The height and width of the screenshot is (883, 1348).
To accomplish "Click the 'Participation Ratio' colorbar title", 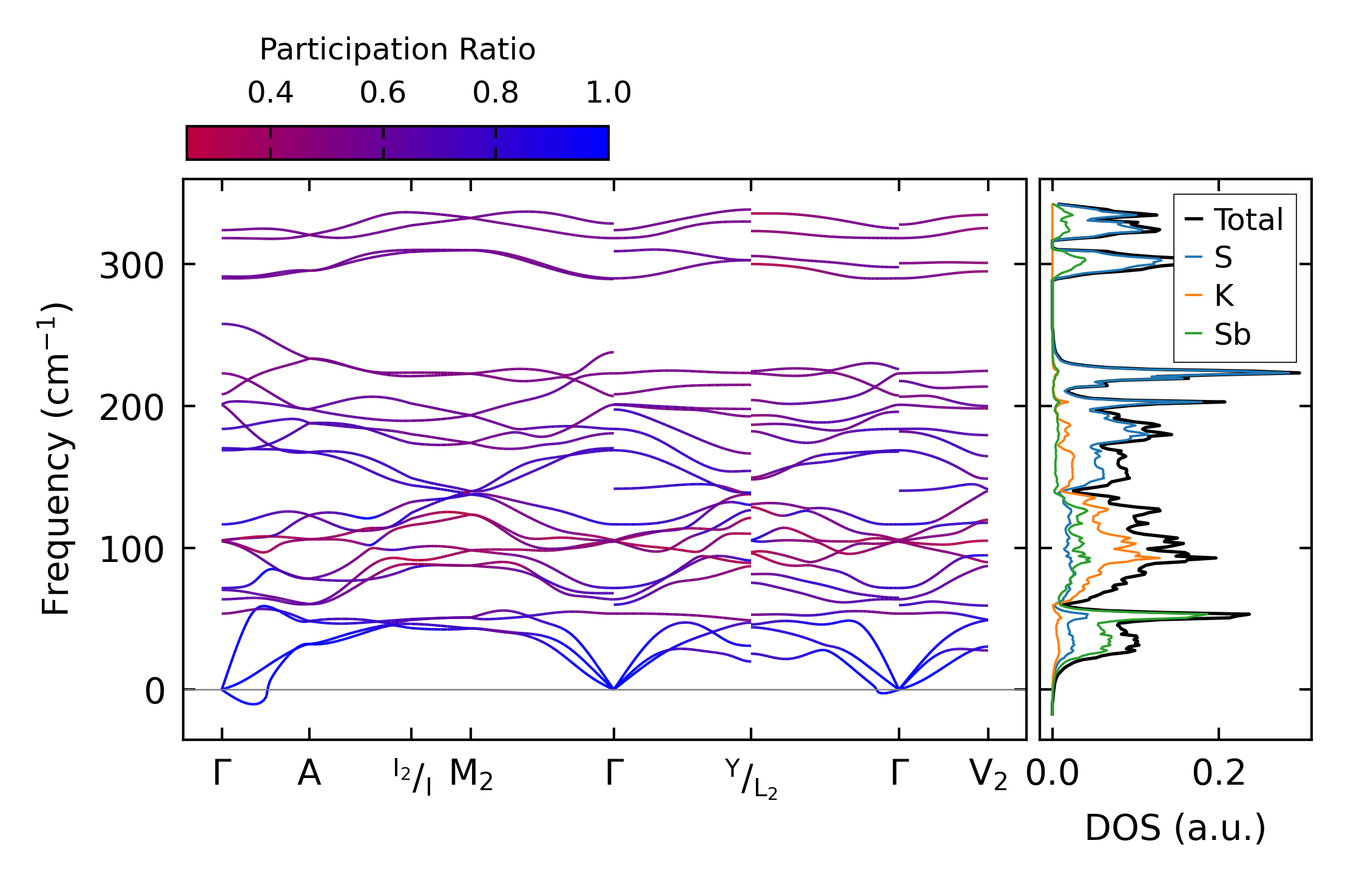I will click(x=397, y=50).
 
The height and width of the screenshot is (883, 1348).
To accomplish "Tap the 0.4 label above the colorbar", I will click(x=270, y=93).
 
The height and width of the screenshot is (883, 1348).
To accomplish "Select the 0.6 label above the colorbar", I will click(x=382, y=93).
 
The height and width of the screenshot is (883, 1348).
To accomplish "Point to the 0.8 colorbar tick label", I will click(x=495, y=93).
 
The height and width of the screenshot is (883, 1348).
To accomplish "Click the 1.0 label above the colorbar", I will click(x=608, y=93).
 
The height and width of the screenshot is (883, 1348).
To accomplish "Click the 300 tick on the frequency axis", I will click(x=132, y=266).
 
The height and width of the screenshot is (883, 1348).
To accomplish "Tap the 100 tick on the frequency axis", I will click(x=132, y=550).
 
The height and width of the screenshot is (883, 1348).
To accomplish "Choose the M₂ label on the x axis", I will click(x=471, y=775).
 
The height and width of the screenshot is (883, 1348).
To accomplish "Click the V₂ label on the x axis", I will click(x=988, y=775).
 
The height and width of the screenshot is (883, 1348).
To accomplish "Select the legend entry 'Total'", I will click(x=1248, y=220).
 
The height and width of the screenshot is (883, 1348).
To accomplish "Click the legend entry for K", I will click(x=1224, y=296).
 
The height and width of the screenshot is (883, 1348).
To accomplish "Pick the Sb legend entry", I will click(x=1232, y=334).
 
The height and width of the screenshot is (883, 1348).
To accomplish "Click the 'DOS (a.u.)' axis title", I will click(x=1175, y=828).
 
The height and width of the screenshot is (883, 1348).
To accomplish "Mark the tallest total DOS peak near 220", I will click(x=1298, y=373).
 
